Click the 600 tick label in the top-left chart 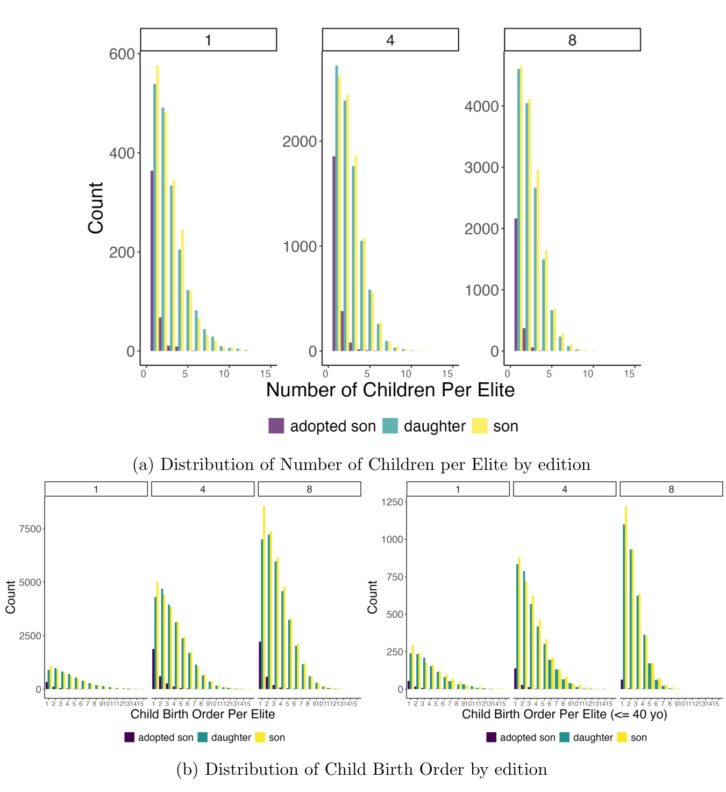tap(122, 54)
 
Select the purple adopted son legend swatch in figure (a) tap(276, 426)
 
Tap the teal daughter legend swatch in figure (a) tap(390, 426)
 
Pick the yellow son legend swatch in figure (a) tap(479, 426)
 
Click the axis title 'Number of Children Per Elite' tap(390, 390)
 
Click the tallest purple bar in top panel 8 tap(516, 284)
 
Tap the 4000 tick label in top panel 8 tap(481, 106)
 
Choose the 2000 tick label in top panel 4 tap(300, 141)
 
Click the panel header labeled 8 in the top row tap(572, 40)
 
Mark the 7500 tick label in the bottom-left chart tap(30, 529)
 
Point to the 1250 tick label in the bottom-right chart tap(392, 502)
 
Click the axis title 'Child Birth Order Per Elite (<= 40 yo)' tap(564, 715)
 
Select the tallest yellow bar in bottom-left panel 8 tap(264, 597)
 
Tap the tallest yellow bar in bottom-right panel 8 tap(626, 597)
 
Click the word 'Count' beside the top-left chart tap(96, 208)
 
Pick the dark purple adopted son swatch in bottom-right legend tap(492, 737)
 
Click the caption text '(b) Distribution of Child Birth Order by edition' tap(362, 769)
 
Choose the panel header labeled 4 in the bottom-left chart tap(203, 489)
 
